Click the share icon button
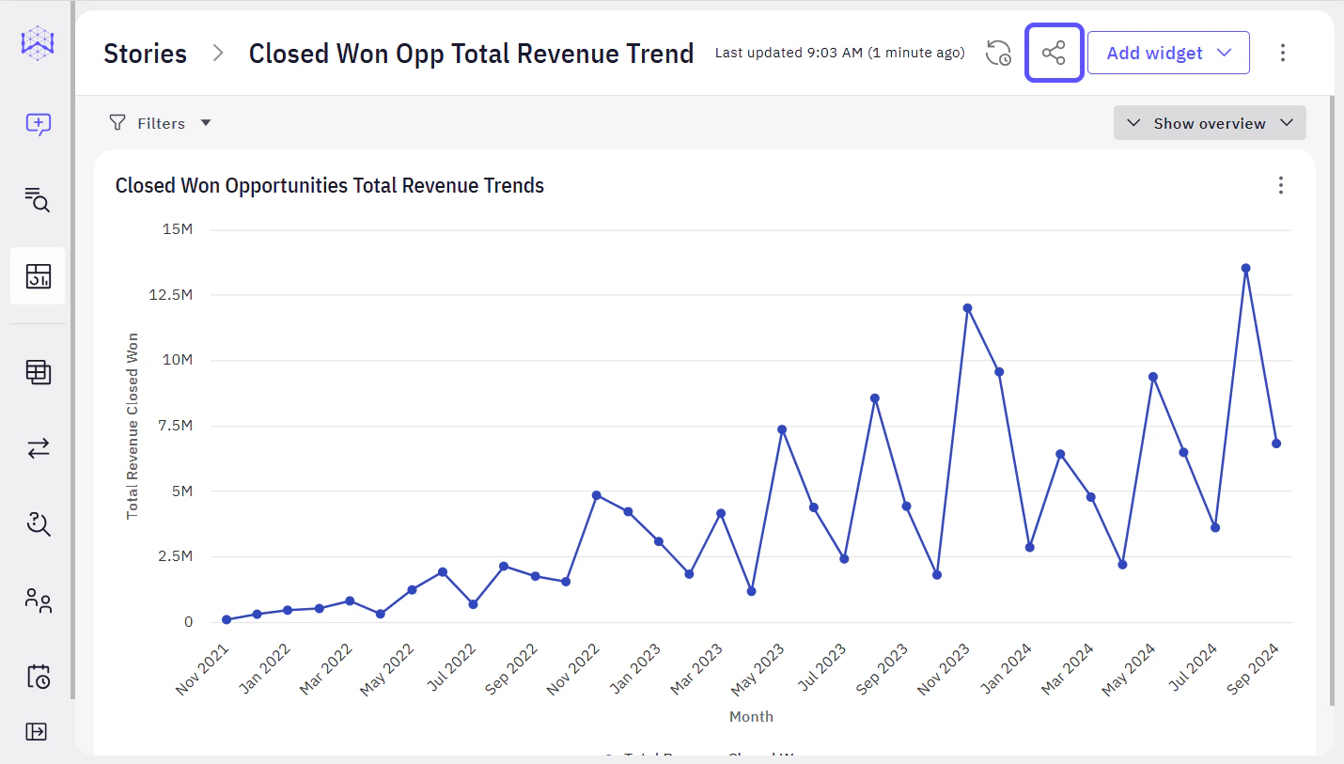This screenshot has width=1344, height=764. (x=1054, y=53)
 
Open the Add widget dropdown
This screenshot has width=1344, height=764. (x=1168, y=53)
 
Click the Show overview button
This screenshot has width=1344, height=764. (x=1210, y=123)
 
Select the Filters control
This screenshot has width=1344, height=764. (x=160, y=123)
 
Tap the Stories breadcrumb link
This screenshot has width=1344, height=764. (x=145, y=54)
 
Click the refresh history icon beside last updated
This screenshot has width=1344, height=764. (x=998, y=53)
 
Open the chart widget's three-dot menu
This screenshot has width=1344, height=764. (x=1280, y=185)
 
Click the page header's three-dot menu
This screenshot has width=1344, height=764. (x=1282, y=53)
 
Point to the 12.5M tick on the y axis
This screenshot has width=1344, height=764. (x=172, y=295)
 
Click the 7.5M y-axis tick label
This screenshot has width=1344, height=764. (x=176, y=426)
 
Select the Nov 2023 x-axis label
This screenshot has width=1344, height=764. (x=945, y=670)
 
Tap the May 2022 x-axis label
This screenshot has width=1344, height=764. (x=387, y=670)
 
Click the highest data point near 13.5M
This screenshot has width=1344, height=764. (x=1245, y=268)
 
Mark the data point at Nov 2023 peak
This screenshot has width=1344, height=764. (x=967, y=308)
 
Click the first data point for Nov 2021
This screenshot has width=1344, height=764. (x=227, y=619)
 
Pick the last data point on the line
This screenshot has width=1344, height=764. (x=1276, y=444)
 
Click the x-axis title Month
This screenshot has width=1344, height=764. (x=751, y=717)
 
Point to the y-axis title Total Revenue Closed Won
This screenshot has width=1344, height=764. (x=133, y=426)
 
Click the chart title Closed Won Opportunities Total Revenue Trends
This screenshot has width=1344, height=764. (x=330, y=185)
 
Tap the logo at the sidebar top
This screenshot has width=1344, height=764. (x=38, y=43)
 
